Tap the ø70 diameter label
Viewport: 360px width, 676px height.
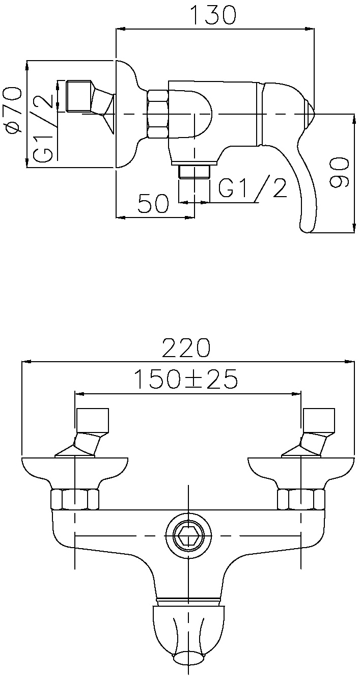12,110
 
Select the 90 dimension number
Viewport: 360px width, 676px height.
339,173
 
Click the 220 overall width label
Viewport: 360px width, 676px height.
186,348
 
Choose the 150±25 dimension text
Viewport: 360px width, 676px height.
186,379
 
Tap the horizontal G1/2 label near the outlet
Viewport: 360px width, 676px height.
252,187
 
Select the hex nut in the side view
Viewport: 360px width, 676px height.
157,114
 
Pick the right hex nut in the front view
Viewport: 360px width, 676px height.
301,500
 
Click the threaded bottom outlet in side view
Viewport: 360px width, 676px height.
195,172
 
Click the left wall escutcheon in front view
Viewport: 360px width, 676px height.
75,471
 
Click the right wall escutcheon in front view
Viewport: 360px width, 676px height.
301,471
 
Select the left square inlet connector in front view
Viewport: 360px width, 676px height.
93,420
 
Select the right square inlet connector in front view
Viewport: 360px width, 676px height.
319,420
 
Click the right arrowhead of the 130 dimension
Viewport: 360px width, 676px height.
310,29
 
